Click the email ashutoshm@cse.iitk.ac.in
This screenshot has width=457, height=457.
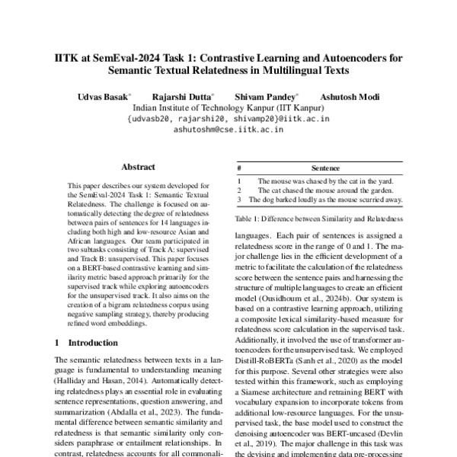pyautogui.click(x=228, y=129)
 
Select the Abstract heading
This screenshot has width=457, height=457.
pyautogui.click(x=139, y=167)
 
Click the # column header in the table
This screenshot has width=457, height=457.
pyautogui.click(x=239, y=168)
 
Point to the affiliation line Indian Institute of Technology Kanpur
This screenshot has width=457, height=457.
pyautogui.click(x=228, y=109)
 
